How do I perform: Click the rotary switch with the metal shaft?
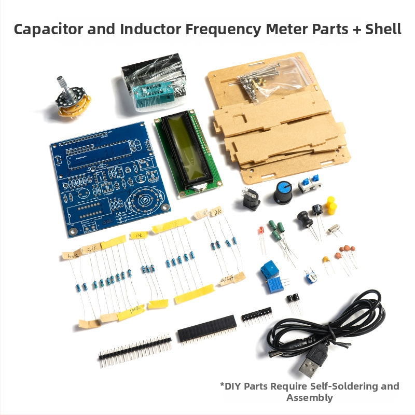point(73,99)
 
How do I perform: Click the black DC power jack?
point(252,198)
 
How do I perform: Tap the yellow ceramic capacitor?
point(326,259)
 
